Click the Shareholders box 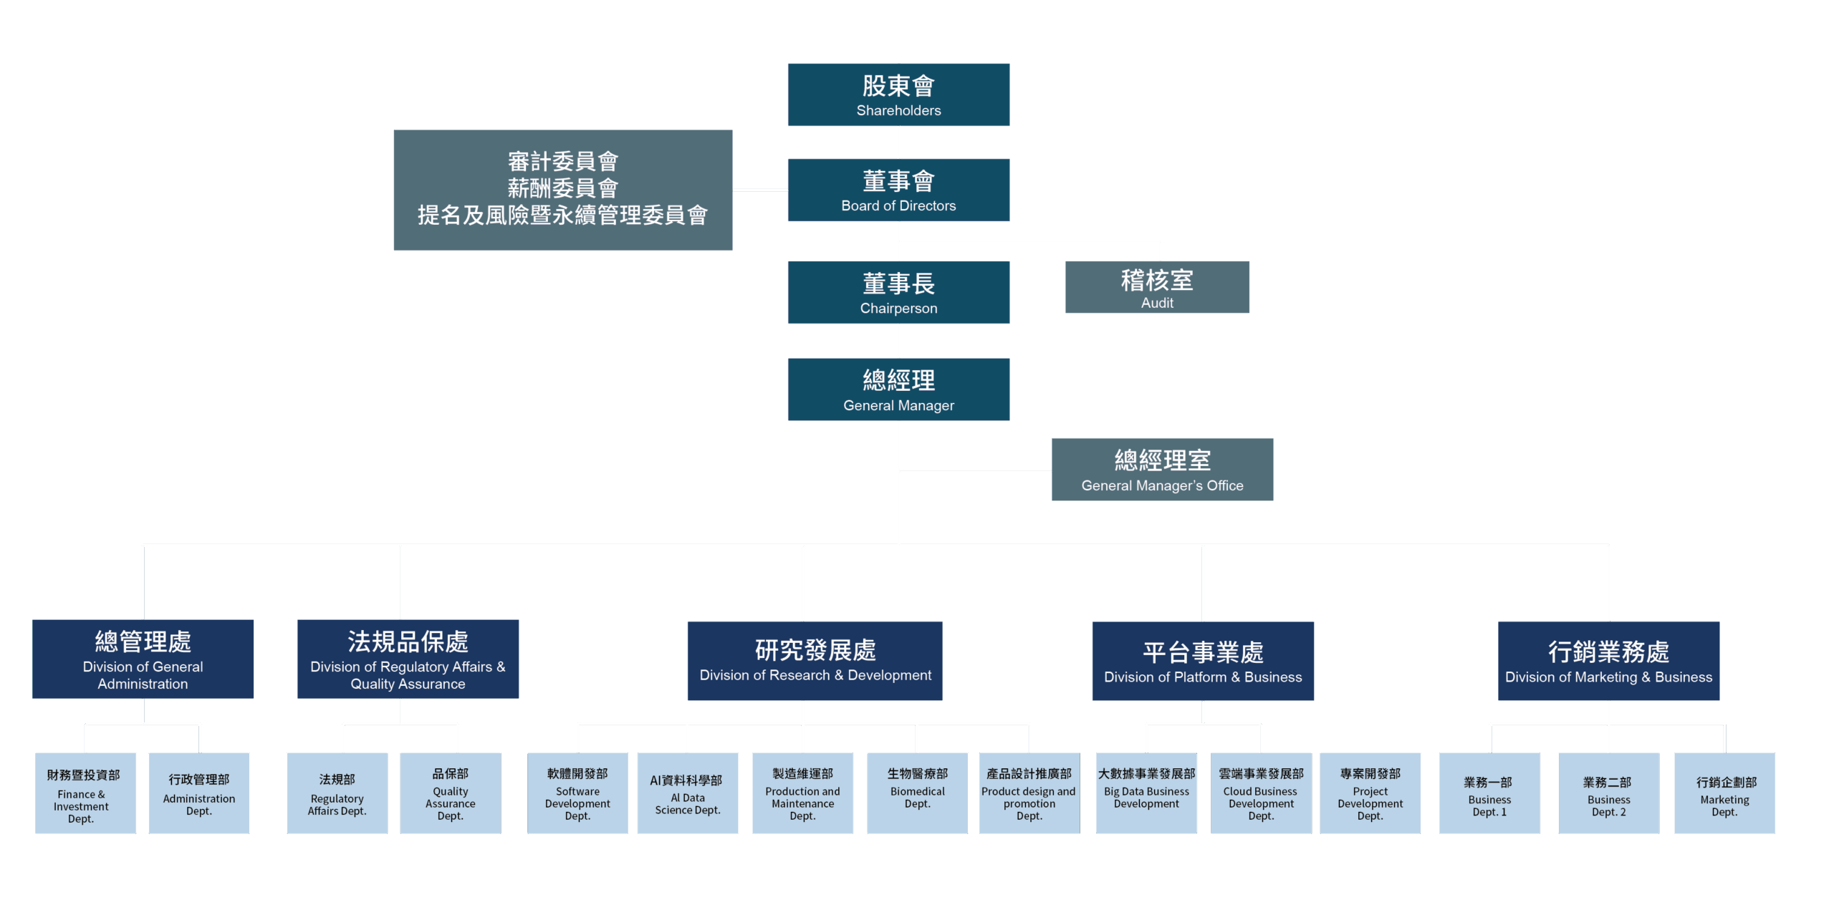click(x=898, y=95)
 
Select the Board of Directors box click(x=898, y=190)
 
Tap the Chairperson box click(x=898, y=292)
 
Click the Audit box click(x=1157, y=287)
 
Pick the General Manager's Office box click(x=1162, y=469)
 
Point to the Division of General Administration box click(x=143, y=659)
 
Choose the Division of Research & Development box click(x=815, y=660)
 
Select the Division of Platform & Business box click(x=1202, y=661)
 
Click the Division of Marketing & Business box click(x=1608, y=661)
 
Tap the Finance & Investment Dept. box click(x=85, y=793)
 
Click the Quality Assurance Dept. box click(x=450, y=793)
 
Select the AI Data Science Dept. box click(x=688, y=793)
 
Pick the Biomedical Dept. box click(x=917, y=793)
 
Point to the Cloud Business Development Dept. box click(x=1261, y=793)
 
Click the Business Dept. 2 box click(x=1608, y=793)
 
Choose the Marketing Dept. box click(x=1724, y=793)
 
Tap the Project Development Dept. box click(x=1370, y=793)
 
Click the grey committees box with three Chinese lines click(x=562, y=190)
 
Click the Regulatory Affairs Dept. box click(x=337, y=793)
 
